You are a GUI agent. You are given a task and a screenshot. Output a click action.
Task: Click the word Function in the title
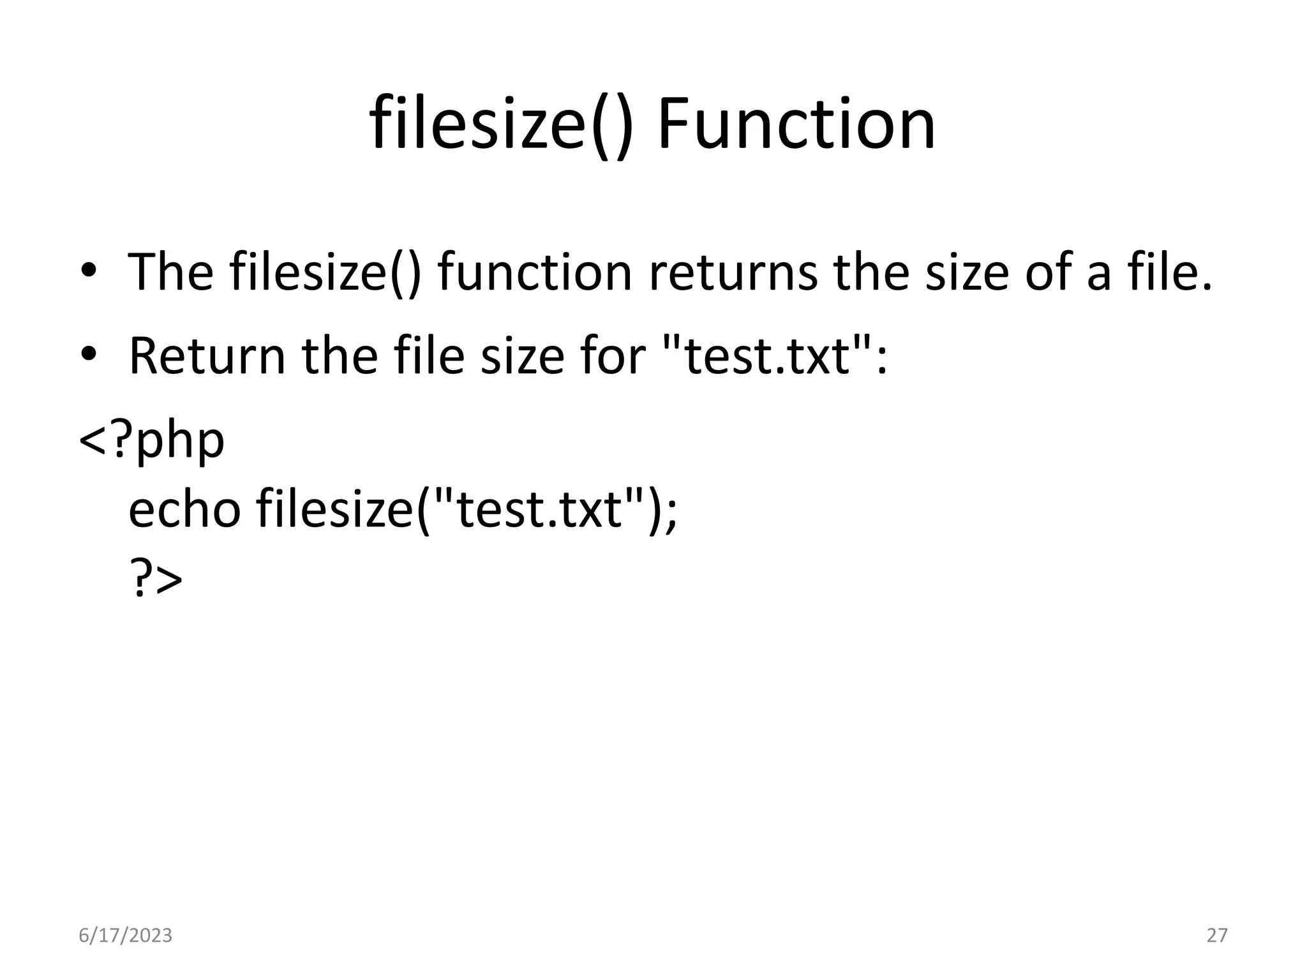point(796,124)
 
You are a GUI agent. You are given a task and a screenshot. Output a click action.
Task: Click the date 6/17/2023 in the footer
point(125,935)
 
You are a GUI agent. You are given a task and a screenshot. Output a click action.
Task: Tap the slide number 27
point(1217,935)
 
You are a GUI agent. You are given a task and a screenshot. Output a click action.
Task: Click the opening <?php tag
point(152,440)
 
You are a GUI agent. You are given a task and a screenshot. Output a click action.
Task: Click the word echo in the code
point(184,510)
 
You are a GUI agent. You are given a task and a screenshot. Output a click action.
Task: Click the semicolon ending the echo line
point(670,514)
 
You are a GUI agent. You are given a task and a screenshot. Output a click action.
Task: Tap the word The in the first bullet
point(170,272)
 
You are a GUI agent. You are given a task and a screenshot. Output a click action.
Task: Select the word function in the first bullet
point(535,272)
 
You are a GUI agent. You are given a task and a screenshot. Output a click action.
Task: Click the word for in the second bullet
point(613,356)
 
